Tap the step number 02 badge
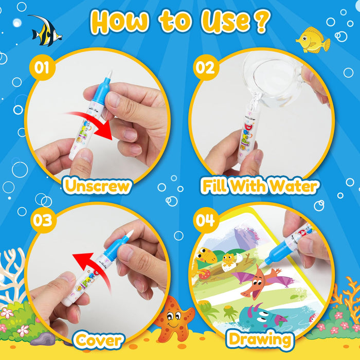[x=204, y=67]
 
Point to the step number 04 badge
[x=204, y=220]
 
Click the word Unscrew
[x=97, y=186]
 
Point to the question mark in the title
[x=262, y=22]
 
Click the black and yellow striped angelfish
[x=45, y=30]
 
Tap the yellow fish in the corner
[x=312, y=40]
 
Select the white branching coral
[x=13, y=267]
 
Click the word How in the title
[x=121, y=22]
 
